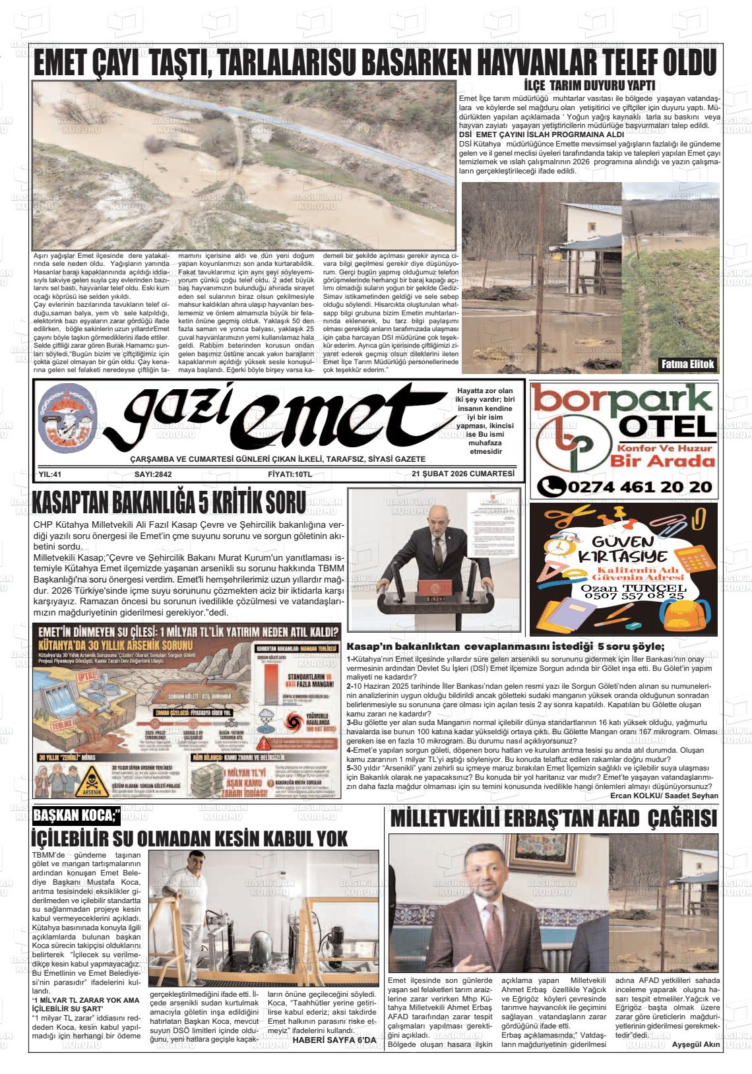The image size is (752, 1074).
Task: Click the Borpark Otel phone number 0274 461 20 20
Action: click(625, 487)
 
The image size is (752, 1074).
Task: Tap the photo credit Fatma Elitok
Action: click(687, 364)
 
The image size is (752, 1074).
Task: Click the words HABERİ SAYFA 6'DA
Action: click(334, 1040)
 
